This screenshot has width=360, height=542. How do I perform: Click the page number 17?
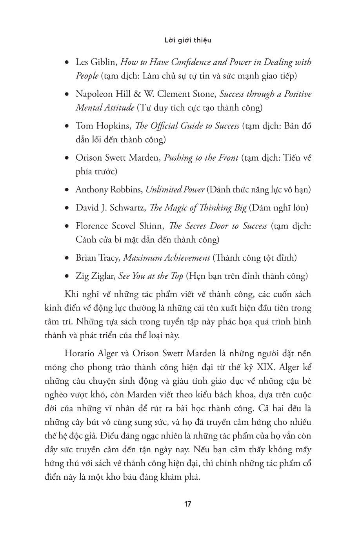187,504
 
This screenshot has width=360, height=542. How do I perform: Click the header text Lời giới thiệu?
187,40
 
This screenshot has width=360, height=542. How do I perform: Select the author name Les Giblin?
96,62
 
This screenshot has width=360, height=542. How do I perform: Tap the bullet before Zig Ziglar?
67,276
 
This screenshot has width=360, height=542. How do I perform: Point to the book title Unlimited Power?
175,190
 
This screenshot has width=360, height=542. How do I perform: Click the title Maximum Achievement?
167,258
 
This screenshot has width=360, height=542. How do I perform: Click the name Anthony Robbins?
108,190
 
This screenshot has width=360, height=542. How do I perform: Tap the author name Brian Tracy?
97,258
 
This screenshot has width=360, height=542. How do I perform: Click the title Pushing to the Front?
201,158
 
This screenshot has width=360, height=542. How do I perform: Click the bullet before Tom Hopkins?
67,126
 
